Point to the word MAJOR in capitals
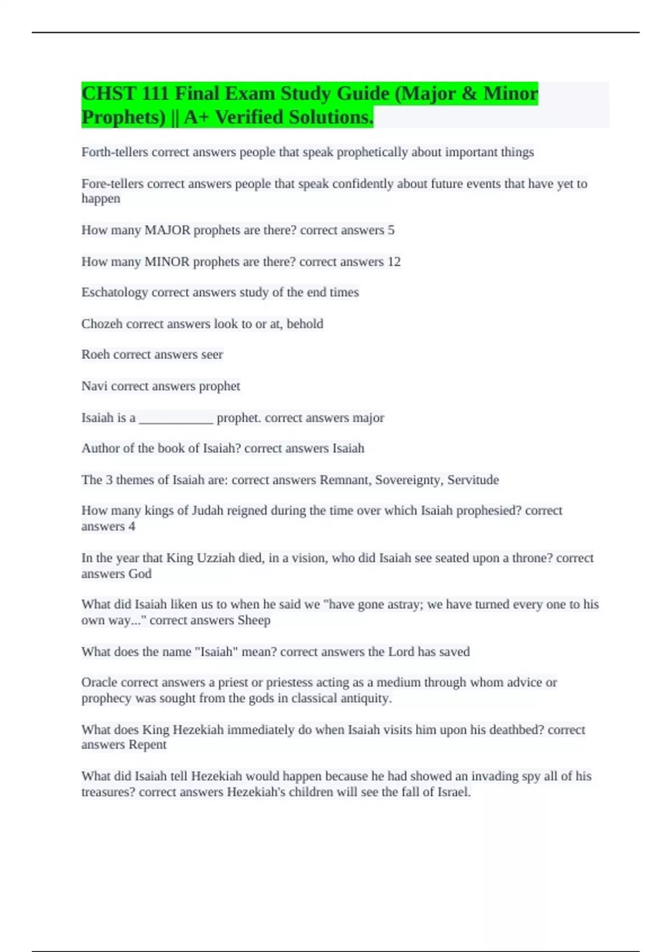pyautogui.click(x=167, y=230)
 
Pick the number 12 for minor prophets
pyautogui.click(x=394, y=262)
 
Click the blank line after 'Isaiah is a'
pyautogui.click(x=176, y=419)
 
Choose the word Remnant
pyautogui.click(x=345, y=480)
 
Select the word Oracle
pyautogui.click(x=99, y=683)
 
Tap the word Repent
pyautogui.click(x=147, y=745)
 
